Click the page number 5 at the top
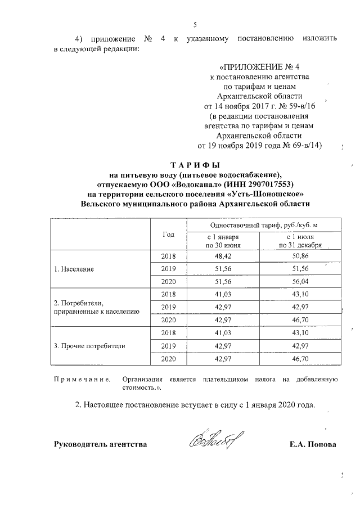195,24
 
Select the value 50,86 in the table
300,256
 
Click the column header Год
168,235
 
